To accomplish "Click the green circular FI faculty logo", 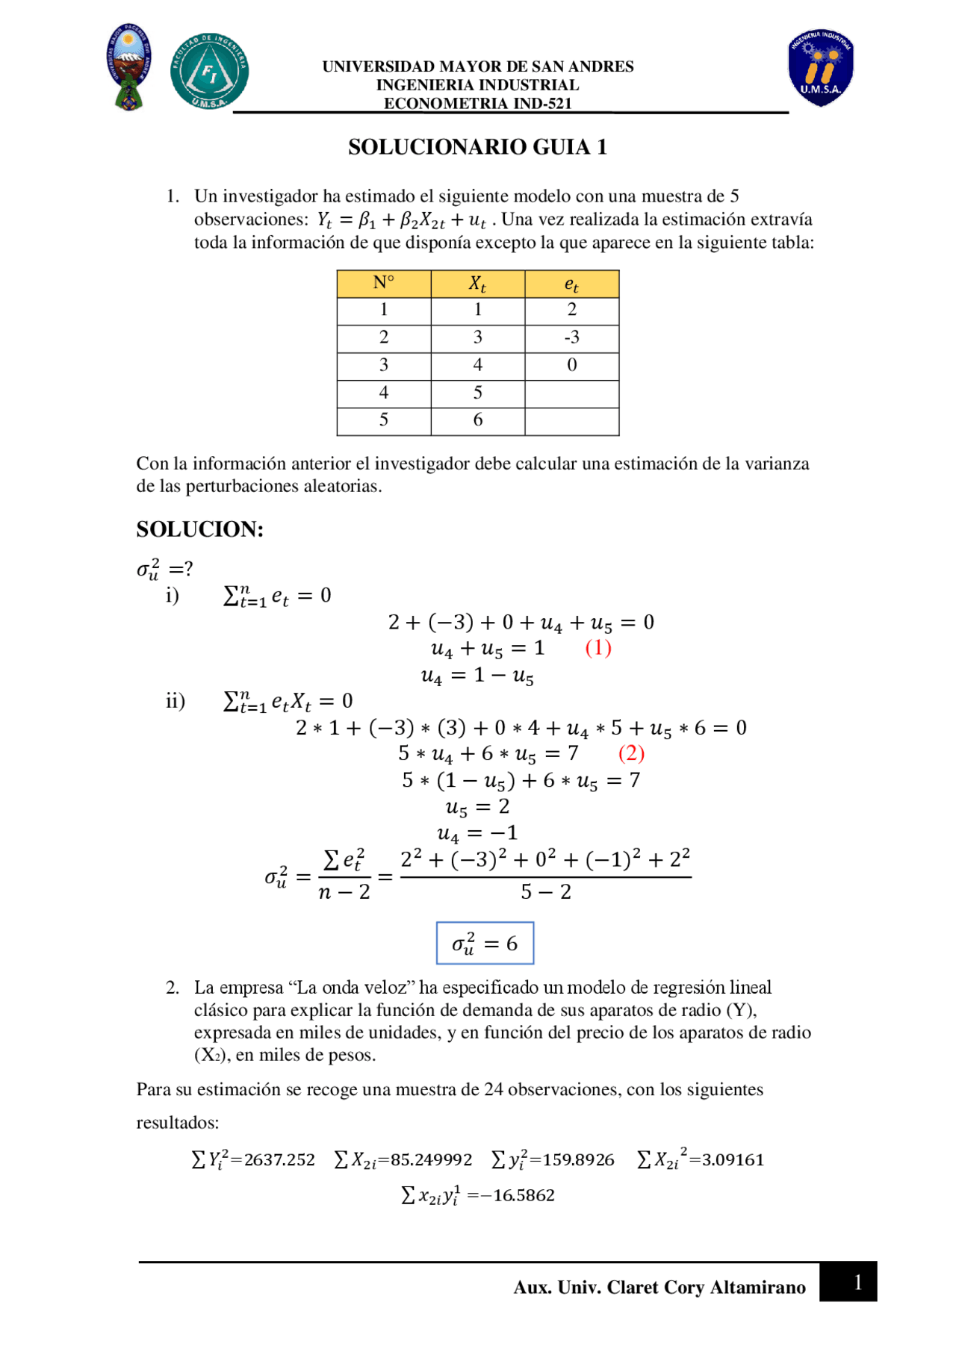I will tap(209, 72).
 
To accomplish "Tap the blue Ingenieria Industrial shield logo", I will tap(820, 69).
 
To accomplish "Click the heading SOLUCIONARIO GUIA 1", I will tap(477, 147).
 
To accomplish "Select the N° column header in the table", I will tap(383, 284).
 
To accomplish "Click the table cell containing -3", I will tap(571, 338).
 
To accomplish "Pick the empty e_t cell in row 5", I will tap(571, 421).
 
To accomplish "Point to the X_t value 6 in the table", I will tap(477, 420).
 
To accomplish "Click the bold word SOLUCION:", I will tap(199, 529).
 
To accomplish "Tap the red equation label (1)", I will tap(598, 647).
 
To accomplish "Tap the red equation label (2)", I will tap(631, 753).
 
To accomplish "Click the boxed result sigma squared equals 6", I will tap(485, 944).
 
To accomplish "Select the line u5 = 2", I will tap(477, 807).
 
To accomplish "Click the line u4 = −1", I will tap(477, 833).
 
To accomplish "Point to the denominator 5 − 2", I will tap(546, 892).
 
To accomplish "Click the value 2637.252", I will tap(279, 1159).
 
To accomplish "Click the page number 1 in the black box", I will tap(857, 1282).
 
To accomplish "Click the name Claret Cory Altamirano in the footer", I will tap(706, 1287).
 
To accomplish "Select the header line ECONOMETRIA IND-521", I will tap(477, 104).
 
